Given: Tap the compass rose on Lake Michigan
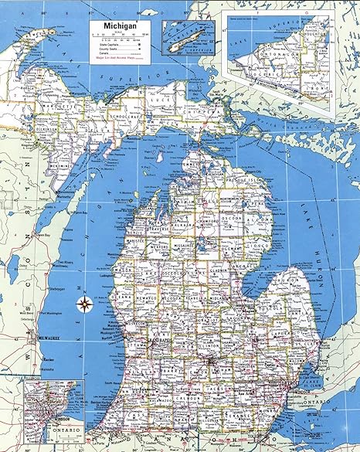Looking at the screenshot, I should coord(83,303).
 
